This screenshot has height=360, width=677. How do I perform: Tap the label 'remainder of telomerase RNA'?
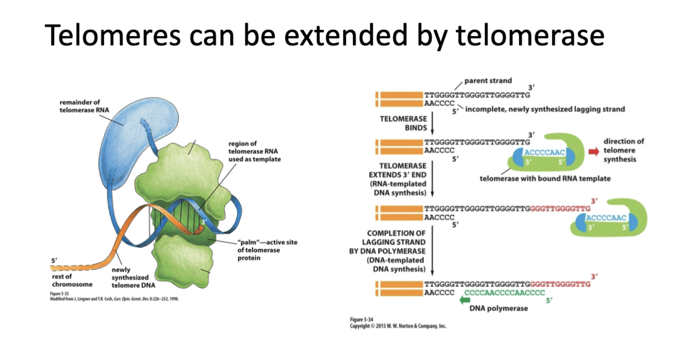coord(84,106)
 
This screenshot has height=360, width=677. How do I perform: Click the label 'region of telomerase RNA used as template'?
coord(254,151)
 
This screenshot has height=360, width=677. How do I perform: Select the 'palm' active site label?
coord(267,250)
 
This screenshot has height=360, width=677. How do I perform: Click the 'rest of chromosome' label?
coord(72,280)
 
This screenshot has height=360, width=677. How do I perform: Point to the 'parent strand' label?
coord(488,81)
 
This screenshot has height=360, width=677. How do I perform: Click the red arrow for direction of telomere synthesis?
coord(593,151)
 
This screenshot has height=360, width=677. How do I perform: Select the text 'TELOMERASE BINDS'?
coord(403,123)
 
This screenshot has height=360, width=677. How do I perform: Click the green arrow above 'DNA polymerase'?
coord(465,300)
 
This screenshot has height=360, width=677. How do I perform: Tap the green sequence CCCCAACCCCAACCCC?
coord(504,293)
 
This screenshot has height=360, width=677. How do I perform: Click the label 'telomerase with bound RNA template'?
coord(545,179)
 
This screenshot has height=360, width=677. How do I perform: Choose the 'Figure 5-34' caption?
coord(361,319)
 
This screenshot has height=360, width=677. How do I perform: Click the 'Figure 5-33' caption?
coord(59,294)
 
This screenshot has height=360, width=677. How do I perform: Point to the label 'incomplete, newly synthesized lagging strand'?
coord(545,109)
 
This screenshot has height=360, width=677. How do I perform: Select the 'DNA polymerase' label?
coord(499,308)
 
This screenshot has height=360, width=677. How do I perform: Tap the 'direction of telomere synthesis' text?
coord(623,150)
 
